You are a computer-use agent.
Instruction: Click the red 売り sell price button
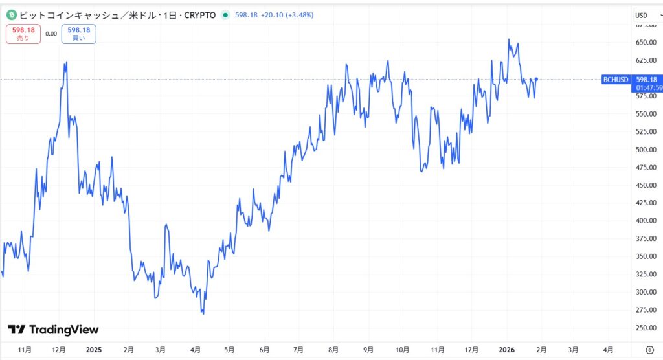(x=23, y=34)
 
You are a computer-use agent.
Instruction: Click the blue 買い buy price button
(x=78, y=34)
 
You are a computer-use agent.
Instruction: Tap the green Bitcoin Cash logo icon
(x=10, y=14)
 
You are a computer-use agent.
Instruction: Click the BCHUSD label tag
(x=615, y=80)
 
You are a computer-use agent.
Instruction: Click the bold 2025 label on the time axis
(x=94, y=350)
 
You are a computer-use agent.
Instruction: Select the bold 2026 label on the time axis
(x=506, y=350)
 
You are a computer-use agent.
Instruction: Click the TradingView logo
(x=53, y=330)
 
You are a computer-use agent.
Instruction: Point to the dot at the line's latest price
(x=536, y=79)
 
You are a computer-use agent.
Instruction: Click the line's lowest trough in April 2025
(x=203, y=314)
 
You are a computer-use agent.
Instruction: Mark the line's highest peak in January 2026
(x=509, y=39)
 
